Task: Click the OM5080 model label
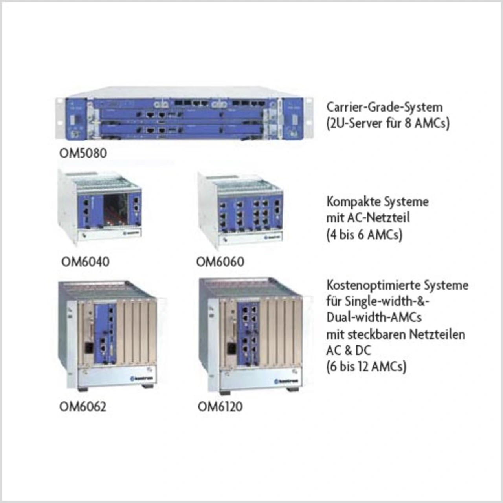click(83, 152)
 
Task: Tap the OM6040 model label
click(85, 261)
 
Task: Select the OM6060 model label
click(220, 261)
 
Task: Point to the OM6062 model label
click(83, 406)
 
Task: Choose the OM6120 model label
click(220, 406)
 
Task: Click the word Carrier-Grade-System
click(384, 107)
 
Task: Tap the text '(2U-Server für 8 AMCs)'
click(388, 123)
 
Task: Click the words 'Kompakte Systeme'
click(377, 202)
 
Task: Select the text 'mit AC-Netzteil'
click(368, 218)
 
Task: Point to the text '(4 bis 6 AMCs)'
click(364, 235)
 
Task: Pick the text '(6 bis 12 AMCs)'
click(366, 367)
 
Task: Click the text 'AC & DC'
click(349, 350)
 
